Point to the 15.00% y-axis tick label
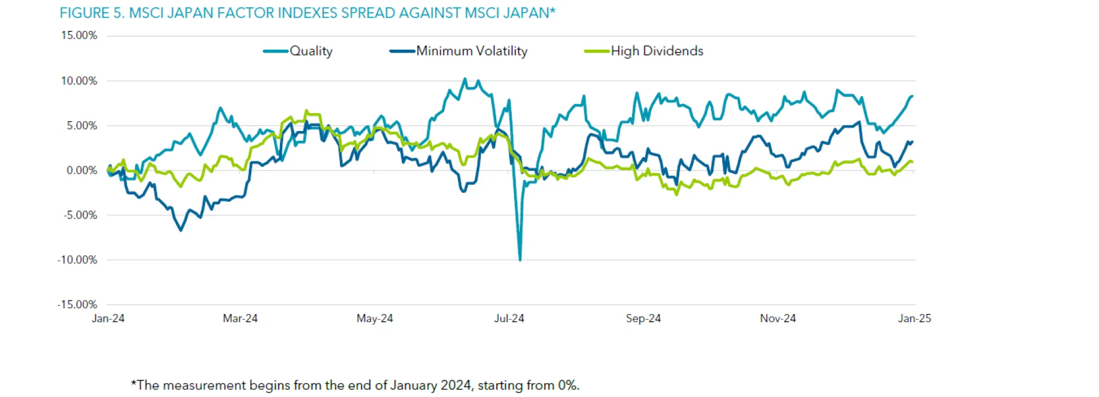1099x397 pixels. pyautogui.click(x=79, y=35)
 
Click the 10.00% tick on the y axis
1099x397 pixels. pyautogui.click(x=79, y=81)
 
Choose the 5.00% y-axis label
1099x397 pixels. pyautogui.click(x=82, y=125)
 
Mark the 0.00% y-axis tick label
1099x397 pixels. pyautogui.click(x=82, y=170)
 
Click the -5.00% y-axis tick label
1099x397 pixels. pyautogui.click(x=80, y=215)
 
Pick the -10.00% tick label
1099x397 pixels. pyautogui.click(x=77, y=260)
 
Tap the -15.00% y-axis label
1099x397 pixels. pyautogui.click(x=77, y=304)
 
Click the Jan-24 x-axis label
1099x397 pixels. pyautogui.click(x=108, y=319)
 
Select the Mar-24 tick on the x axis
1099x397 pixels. pyautogui.click(x=240, y=319)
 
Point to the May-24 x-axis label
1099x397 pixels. pyautogui.click(x=375, y=319)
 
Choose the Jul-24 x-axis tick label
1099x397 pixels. pyautogui.click(x=509, y=319)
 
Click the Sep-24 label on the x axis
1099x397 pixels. pyautogui.click(x=643, y=319)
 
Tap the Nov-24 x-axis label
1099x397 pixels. pyautogui.click(x=778, y=319)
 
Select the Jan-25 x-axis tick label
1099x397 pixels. pyautogui.click(x=914, y=319)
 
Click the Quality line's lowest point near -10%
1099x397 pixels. pyautogui.click(x=520, y=260)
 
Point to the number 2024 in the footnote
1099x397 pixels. pyautogui.click(x=456, y=385)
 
